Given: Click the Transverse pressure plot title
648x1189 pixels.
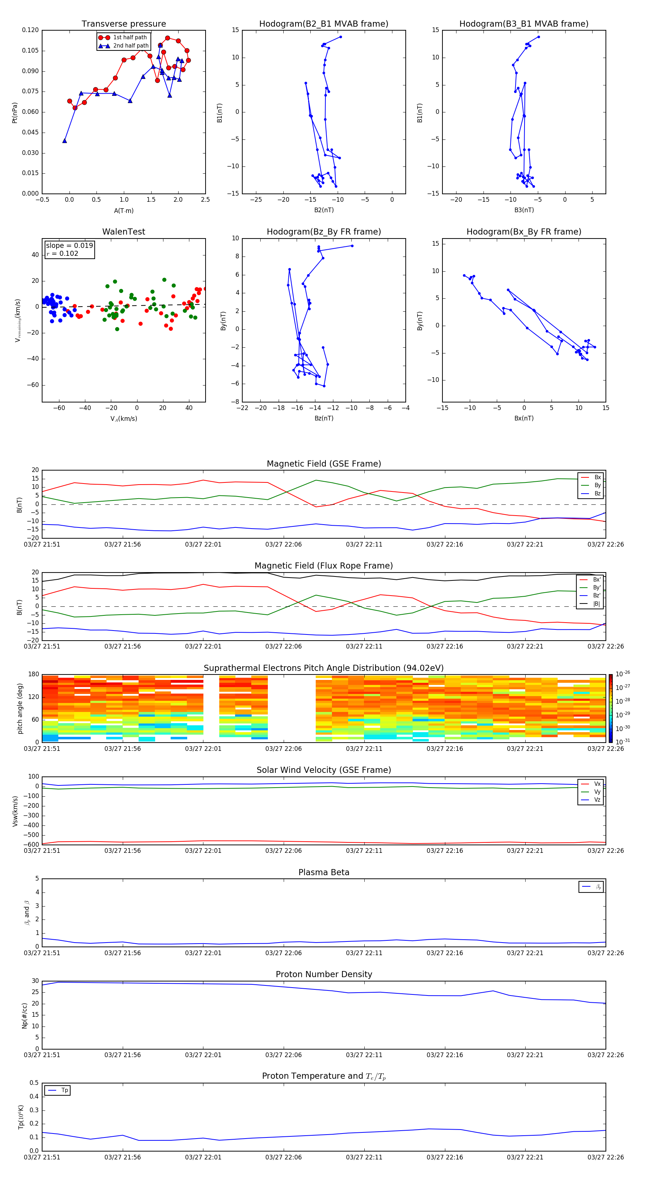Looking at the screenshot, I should point(123,24).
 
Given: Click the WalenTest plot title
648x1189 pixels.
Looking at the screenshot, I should point(123,232).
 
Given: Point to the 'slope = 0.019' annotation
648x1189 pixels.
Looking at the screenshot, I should point(69,246).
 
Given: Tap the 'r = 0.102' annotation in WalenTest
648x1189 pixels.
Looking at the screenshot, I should point(62,253).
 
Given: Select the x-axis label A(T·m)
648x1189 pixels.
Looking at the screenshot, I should point(123,211).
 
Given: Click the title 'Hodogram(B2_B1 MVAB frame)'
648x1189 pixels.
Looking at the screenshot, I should point(323,24).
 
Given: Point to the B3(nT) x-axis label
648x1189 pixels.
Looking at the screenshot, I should point(524,210).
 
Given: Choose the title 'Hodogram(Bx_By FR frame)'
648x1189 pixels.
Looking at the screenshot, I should point(523,232).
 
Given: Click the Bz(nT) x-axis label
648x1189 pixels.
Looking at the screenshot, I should point(324,418).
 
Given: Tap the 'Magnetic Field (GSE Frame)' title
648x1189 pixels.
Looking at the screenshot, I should point(324,464).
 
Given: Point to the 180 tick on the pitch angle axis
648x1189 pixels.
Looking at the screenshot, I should point(34,674).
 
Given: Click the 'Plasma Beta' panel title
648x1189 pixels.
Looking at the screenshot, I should point(324,872).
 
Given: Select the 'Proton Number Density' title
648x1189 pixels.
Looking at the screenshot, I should point(324,974).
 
